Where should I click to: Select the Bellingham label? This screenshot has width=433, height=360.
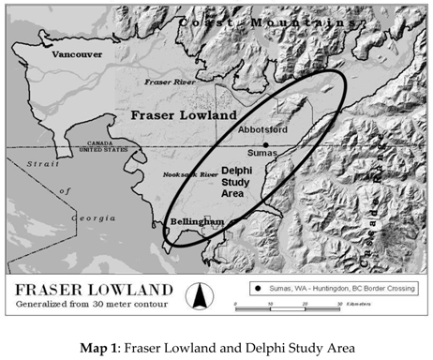click(x=197, y=220)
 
